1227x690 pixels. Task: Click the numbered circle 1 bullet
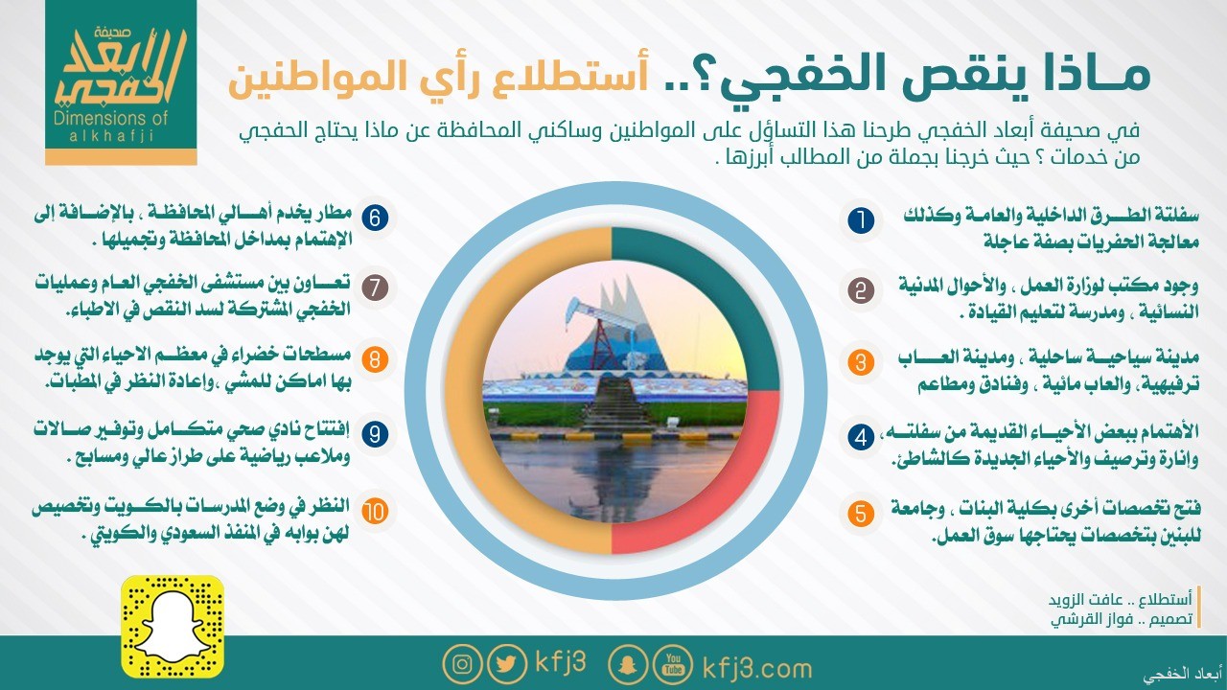(861, 220)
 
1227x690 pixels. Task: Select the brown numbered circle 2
(861, 290)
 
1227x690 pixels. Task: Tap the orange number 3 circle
(861, 362)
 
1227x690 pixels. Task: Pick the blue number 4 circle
(861, 437)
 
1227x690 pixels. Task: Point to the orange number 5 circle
(861, 514)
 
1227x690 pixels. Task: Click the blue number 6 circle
(375, 218)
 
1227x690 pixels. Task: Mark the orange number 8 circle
(375, 359)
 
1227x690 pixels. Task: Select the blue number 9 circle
(375, 434)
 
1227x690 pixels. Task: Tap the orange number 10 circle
(375, 511)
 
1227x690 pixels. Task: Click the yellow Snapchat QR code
(173, 627)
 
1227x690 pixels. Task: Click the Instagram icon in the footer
(462, 664)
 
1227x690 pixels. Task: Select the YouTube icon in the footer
(673, 664)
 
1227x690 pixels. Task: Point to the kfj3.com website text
(757, 669)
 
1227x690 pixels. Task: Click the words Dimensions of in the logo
(110, 118)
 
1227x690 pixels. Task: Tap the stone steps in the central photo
(615, 404)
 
